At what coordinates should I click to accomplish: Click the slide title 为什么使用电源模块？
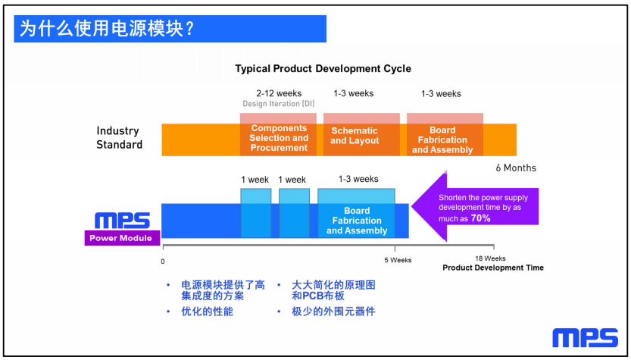point(107,29)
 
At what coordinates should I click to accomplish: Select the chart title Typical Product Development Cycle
point(323,68)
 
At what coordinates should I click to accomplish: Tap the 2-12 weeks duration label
point(279,93)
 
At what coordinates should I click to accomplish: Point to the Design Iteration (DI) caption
point(279,104)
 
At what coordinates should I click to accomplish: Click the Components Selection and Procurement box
point(279,134)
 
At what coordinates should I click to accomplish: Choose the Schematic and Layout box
point(361,134)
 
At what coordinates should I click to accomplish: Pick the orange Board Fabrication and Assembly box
point(445,134)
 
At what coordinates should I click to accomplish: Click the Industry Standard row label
point(119,138)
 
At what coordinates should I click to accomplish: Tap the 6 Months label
point(516,168)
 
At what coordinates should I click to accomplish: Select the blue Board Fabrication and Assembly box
point(356,213)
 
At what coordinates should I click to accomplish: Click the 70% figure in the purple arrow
point(480,218)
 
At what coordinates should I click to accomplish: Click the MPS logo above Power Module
point(123,221)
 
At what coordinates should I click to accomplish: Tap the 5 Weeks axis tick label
point(398,260)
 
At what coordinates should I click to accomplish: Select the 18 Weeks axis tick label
point(490,258)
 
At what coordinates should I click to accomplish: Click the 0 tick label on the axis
point(163,261)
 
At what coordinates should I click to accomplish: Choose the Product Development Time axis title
point(493,268)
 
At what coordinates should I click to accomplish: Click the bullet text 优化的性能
point(208,311)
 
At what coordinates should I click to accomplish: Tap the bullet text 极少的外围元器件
point(333,311)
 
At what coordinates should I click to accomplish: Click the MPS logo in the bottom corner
point(585,338)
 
